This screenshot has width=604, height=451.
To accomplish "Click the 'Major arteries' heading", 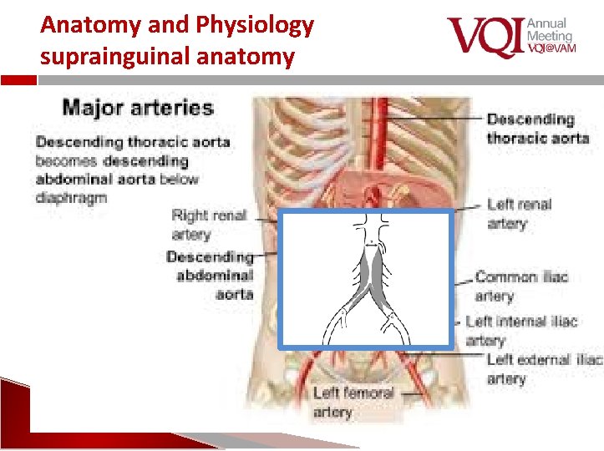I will pyautogui.click(x=138, y=108).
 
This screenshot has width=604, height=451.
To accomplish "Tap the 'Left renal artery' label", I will pyautogui.click(x=519, y=214).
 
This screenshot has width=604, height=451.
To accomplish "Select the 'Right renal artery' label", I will pyautogui.click(x=209, y=224).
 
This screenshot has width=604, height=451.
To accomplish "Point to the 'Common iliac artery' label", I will pyautogui.click(x=521, y=286).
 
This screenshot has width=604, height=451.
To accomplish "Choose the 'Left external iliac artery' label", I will pyautogui.click(x=544, y=368).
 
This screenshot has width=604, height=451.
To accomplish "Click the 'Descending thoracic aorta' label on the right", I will pyautogui.click(x=538, y=129).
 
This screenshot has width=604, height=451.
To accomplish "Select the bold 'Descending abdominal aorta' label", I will pyautogui.click(x=211, y=275).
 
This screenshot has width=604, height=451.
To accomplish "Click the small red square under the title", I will pyautogui.click(x=24, y=81).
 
